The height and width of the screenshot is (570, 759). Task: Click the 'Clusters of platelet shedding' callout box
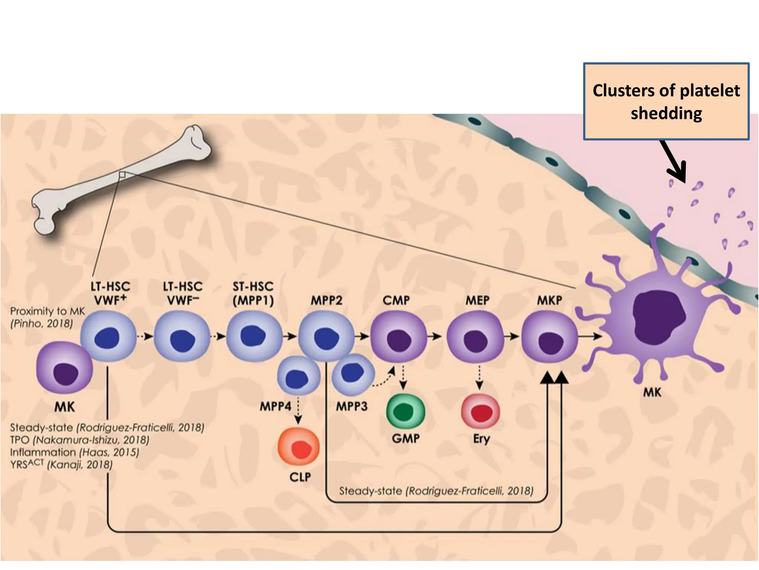[x=666, y=101]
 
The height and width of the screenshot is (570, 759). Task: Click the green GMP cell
[x=405, y=412]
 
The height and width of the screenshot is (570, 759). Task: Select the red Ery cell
[x=480, y=412]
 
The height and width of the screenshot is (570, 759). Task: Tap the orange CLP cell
[x=299, y=447]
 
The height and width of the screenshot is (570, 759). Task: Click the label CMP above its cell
[x=396, y=300]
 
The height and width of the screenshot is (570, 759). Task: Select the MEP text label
[x=477, y=300]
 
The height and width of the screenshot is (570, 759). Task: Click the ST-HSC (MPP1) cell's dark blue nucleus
[x=253, y=335]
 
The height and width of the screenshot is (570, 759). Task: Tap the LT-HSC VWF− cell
[x=182, y=336]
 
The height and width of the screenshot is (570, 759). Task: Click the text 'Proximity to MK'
[x=47, y=311]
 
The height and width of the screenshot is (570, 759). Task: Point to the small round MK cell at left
[x=64, y=368]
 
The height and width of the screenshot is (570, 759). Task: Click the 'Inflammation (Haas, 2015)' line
[x=74, y=452]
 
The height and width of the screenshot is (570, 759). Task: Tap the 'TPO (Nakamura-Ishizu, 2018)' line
[x=79, y=440]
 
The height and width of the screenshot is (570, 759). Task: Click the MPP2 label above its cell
[x=326, y=300]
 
